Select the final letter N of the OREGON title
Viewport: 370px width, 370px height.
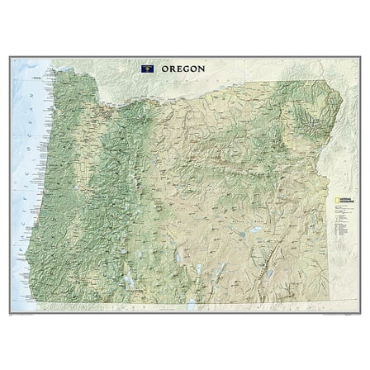pos(203,68)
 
